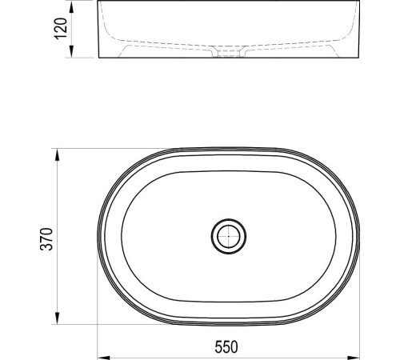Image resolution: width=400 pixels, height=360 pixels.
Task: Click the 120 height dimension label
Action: coord(61,29)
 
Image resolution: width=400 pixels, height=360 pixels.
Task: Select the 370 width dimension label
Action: coord(46,239)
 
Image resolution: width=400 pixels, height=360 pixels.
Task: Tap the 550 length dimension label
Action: coord(226,347)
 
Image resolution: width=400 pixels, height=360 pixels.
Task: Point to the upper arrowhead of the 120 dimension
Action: coord(71,8)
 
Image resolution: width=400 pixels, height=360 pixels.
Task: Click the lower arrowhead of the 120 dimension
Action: coord(71,51)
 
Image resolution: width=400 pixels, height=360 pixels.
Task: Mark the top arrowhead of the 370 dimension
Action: coord(57,154)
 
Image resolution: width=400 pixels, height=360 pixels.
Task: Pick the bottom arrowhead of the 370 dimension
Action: coord(57,318)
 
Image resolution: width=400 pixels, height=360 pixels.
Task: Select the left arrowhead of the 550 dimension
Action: coord(103,358)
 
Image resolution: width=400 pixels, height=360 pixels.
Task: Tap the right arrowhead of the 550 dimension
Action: coord(353,358)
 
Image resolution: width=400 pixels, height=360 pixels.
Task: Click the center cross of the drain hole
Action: coord(229,236)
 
